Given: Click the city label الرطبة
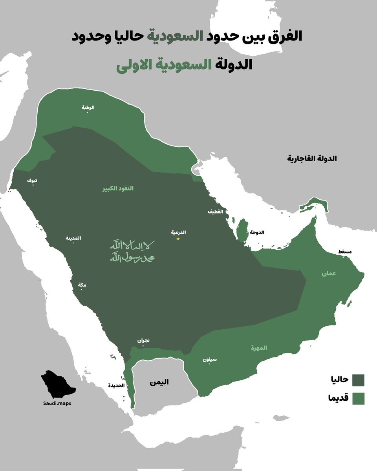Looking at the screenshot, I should tap(88, 108).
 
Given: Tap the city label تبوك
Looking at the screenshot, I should tap(32, 181).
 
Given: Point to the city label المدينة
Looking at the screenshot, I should tap(73, 238).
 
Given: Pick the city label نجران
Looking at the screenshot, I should tap(143, 341).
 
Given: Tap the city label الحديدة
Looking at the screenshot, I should tap(116, 385).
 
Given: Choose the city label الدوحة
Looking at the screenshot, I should tap(257, 232).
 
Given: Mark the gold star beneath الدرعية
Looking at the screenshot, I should tap(178, 239).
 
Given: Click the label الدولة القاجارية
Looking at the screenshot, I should tap(313, 159).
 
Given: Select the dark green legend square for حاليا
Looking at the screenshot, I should tap(358, 380).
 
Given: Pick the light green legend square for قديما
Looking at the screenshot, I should tap(358, 398).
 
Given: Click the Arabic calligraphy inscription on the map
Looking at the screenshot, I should tap(132, 252).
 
